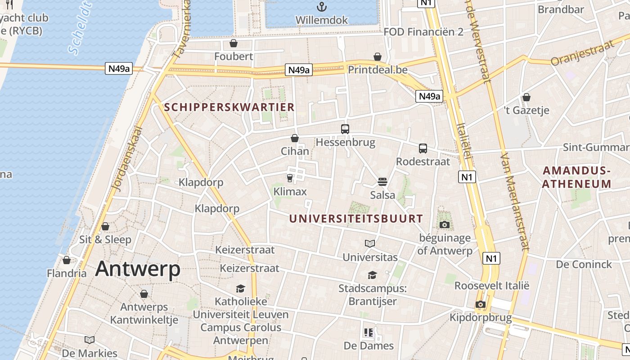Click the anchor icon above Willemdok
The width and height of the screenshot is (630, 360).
(321, 7)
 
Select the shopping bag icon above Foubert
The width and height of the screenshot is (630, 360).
(234, 43)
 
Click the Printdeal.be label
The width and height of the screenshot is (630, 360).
(378, 70)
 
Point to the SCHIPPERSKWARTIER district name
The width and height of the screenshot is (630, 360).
(229, 107)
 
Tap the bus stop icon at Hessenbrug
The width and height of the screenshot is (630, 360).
(345, 129)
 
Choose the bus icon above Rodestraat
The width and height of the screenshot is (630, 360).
(423, 148)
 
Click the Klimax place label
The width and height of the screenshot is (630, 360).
(290, 192)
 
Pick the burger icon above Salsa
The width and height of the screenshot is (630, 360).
(382, 182)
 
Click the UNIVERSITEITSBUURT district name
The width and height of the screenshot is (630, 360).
(356, 219)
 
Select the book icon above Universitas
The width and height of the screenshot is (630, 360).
(370, 243)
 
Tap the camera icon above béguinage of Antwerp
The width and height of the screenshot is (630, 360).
(445, 225)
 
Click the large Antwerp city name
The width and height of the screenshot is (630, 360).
(138, 269)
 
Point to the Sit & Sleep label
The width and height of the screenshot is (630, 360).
(105, 239)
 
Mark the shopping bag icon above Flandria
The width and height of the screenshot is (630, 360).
(67, 260)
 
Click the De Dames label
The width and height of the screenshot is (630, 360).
(369, 346)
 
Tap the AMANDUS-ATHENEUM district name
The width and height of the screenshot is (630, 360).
(576, 177)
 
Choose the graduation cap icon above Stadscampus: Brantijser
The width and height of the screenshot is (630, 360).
(372, 275)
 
